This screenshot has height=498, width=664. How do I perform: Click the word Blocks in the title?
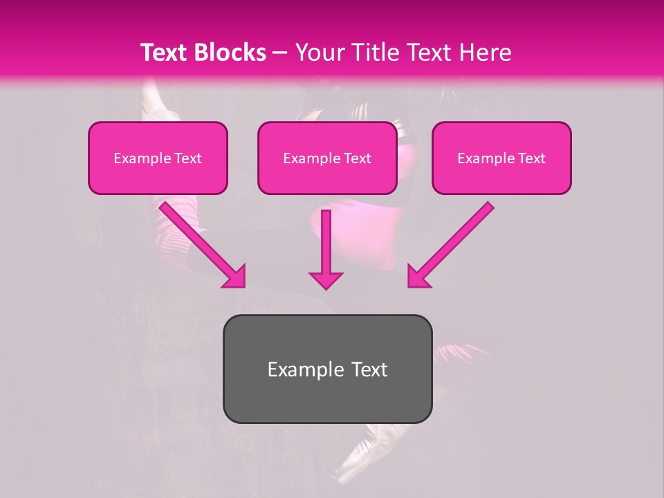[232, 53]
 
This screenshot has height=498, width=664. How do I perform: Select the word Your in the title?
[317, 53]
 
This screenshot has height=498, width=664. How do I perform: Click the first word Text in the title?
[167, 53]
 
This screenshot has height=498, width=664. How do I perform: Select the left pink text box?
[158, 158]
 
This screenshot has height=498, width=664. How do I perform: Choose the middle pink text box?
[327, 158]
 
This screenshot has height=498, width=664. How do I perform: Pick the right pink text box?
[501, 158]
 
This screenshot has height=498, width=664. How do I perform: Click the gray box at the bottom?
[327, 369]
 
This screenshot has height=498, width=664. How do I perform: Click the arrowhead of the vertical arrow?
[326, 279]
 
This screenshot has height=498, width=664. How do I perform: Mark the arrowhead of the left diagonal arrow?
[235, 277]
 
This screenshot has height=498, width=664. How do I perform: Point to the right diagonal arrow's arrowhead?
[418, 277]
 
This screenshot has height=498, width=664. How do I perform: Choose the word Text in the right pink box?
[531, 158]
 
